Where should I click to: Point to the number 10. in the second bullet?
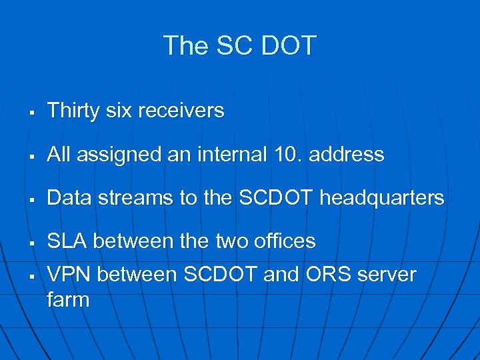pyautogui.click(x=287, y=155)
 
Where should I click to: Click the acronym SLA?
pyautogui.click(x=67, y=241)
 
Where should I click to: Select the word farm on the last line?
pyautogui.click(x=68, y=299)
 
